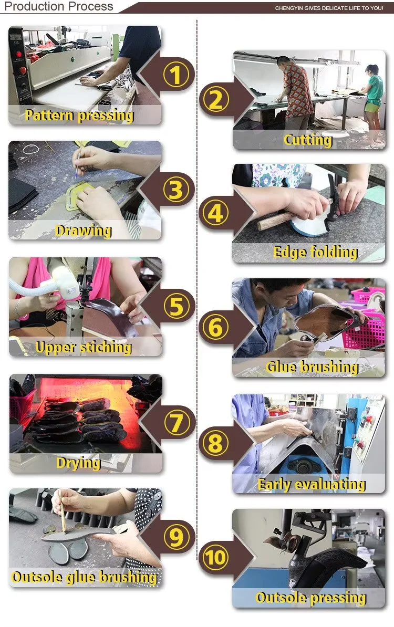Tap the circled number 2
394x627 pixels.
pyautogui.click(x=216, y=100)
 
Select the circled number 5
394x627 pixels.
pyautogui.click(x=176, y=306)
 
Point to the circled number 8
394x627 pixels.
pyautogui.click(x=216, y=443)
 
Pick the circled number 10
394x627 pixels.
pyautogui.click(x=216, y=557)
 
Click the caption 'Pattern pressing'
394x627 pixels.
pyautogui.click(x=79, y=116)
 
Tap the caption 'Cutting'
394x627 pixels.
pyautogui.click(x=308, y=140)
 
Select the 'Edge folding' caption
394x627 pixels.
pyautogui.click(x=316, y=252)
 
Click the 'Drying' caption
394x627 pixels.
pyautogui.click(x=78, y=463)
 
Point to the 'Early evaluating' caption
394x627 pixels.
pyautogui.click(x=312, y=484)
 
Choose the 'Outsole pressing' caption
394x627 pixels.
pyautogui.click(x=311, y=598)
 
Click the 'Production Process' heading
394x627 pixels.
pyautogui.click(x=59, y=6)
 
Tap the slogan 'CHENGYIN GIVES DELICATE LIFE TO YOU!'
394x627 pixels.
pyautogui.click(x=329, y=8)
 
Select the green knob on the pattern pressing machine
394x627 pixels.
pyautogui.click(x=72, y=60)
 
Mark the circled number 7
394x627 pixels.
pyautogui.click(x=176, y=423)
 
